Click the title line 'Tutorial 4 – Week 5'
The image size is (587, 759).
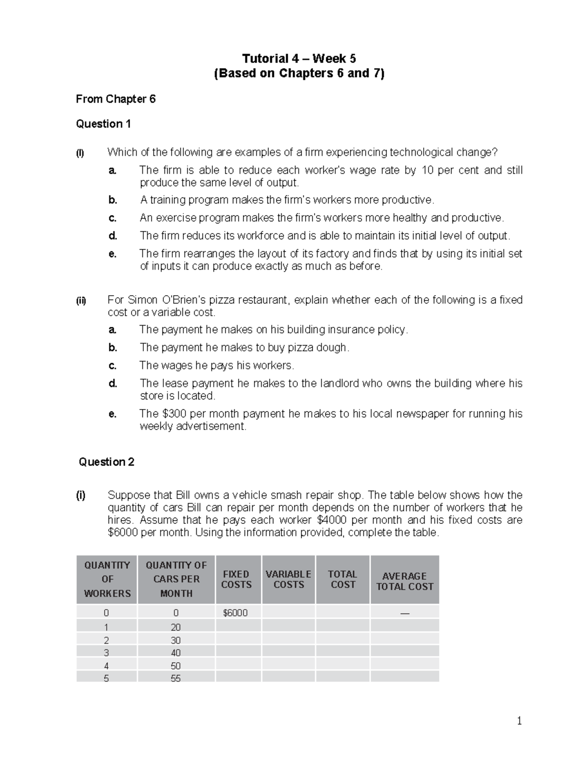[x=299, y=59]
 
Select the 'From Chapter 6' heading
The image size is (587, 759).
[x=115, y=99]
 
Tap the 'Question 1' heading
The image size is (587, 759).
[x=103, y=124]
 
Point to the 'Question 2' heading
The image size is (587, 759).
[x=106, y=462]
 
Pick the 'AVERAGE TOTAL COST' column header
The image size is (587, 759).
[x=405, y=581]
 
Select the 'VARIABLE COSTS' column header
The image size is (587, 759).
[x=289, y=579]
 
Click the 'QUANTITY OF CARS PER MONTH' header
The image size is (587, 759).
[x=176, y=579]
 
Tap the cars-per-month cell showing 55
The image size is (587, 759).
[x=176, y=678]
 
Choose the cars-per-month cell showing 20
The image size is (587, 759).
[x=176, y=627]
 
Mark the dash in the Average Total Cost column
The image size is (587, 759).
[x=405, y=613]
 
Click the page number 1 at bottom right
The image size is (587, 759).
[x=519, y=721]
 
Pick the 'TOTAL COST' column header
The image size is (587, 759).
[x=342, y=579]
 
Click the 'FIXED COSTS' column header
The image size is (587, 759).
[x=236, y=579]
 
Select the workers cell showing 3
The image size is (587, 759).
[x=107, y=653]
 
